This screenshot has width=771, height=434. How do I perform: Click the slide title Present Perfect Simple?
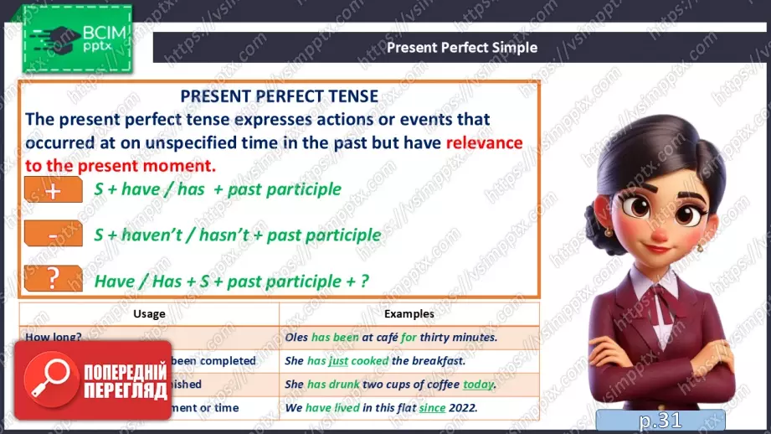(x=461, y=47)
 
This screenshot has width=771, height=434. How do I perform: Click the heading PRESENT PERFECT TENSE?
(x=280, y=96)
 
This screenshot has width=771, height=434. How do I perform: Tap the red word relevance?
(x=484, y=142)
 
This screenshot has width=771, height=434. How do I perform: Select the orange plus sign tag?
(x=54, y=189)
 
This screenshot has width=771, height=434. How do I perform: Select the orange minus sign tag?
(x=54, y=235)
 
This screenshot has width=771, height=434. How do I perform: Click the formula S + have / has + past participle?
(x=218, y=189)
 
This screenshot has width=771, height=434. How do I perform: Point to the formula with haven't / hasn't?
(x=237, y=235)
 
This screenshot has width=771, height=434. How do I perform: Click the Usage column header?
(x=149, y=314)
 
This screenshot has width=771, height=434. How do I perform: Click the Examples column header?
(x=409, y=314)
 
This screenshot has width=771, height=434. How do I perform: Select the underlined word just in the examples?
(x=338, y=361)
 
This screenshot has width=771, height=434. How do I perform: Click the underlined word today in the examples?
(x=479, y=385)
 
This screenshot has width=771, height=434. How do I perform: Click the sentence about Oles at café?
(x=391, y=338)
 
